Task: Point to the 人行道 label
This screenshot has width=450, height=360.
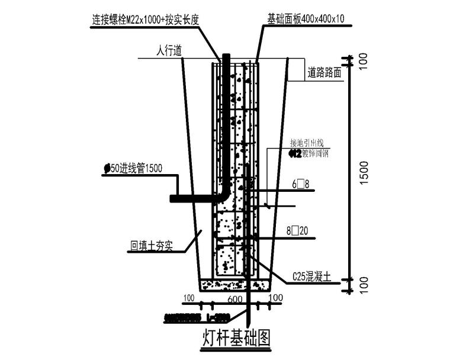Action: (168, 52)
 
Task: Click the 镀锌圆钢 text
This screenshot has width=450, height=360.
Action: (315, 153)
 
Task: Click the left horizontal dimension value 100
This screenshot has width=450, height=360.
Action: (189, 297)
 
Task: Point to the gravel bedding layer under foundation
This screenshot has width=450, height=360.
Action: (234, 285)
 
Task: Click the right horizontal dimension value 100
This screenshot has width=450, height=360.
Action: (277, 297)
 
